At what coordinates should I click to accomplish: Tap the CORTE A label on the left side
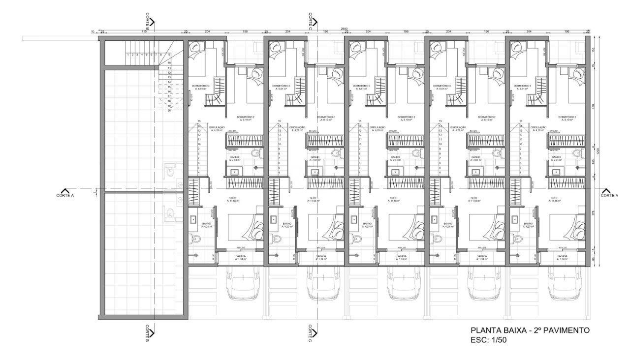pos(65,195)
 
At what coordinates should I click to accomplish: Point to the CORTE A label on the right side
pos(609,195)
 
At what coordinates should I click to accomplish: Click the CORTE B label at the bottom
pos(147,333)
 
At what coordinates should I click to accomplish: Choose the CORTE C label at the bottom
pos(310,333)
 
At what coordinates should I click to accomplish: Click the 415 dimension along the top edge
pos(144,31)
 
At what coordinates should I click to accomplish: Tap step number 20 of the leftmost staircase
pos(169,111)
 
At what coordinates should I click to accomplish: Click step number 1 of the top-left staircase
pos(127,55)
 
